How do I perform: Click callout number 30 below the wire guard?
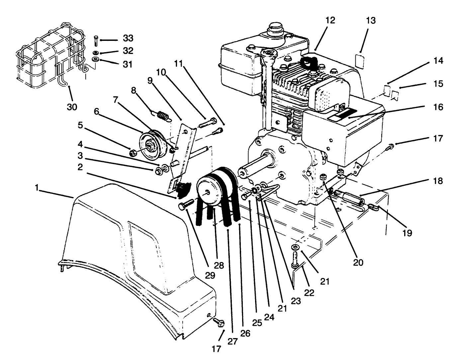72,107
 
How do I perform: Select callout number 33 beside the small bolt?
128,39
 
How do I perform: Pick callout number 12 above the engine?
330,21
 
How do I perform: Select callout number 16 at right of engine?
438,107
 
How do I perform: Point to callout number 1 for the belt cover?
39,188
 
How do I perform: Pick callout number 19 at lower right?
407,232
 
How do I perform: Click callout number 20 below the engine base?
359,262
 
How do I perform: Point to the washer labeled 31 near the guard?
96,60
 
